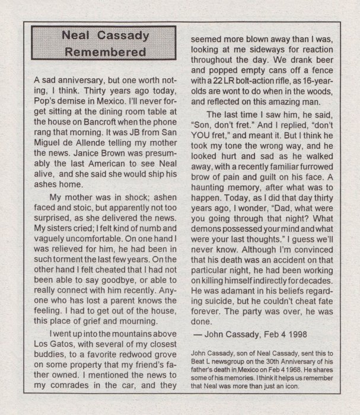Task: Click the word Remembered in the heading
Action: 105,52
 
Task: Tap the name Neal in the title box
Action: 78,36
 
